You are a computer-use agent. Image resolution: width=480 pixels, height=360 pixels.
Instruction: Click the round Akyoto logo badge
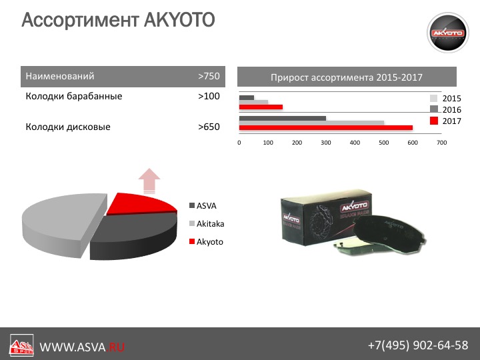tap(447, 33)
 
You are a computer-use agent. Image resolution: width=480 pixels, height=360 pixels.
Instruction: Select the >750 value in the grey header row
tap(209, 76)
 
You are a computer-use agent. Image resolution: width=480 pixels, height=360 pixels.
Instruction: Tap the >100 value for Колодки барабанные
tap(209, 96)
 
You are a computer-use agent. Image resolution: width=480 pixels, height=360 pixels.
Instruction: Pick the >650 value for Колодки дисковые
tap(209, 127)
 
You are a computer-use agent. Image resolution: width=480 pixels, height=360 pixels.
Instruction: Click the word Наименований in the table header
tap(60, 76)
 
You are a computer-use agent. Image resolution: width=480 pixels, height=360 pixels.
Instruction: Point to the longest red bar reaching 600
tap(326, 127)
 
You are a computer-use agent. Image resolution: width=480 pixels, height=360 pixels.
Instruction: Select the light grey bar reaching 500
tap(311, 123)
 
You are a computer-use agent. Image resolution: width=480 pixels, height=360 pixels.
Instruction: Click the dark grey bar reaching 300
tap(282, 119)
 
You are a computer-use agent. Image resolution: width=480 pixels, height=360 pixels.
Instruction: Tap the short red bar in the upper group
tap(261, 107)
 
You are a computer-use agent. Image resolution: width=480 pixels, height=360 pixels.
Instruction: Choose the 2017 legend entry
tap(445, 121)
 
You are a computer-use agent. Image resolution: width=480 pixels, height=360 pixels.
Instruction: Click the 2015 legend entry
tap(445, 98)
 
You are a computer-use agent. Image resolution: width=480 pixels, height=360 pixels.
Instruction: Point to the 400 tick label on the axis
tap(355, 143)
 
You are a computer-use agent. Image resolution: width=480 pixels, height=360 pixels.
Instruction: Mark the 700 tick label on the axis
tap(442, 143)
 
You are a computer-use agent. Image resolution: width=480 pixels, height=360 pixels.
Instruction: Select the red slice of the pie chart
tap(138, 203)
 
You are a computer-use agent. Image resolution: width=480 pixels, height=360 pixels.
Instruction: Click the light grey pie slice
tap(61, 221)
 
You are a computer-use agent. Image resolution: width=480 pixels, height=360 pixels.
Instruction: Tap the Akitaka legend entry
tap(207, 224)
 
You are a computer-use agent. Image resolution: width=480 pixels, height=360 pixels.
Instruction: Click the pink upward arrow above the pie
tap(149, 181)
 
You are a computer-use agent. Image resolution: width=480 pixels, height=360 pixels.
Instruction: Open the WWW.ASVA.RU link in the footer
tap(82, 347)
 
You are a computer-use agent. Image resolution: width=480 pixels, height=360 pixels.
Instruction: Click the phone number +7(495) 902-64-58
tap(418, 345)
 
